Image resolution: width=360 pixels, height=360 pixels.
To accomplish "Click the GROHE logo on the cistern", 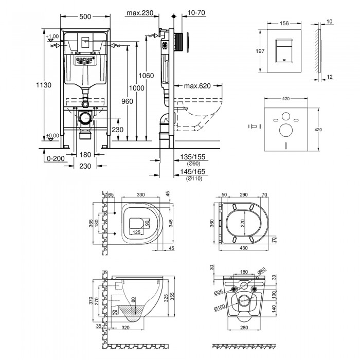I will coord(85,60).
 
